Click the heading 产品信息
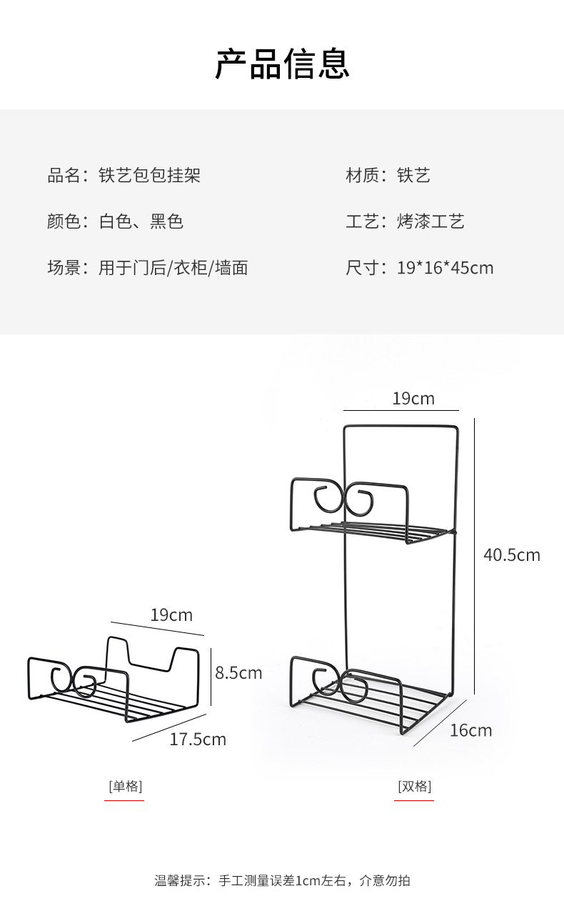[282, 64]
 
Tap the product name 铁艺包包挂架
[149, 175]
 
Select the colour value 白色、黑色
[141, 221]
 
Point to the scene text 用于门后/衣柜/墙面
[173, 268]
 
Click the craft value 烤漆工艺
[430, 221]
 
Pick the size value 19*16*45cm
[445, 268]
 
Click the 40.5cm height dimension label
[511, 554]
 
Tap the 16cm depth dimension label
[470, 730]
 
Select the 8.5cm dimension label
[238, 672]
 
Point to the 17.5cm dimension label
[197, 740]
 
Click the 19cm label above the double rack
[413, 399]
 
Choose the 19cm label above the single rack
[171, 615]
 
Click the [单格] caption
[125, 787]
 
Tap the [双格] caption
[414, 787]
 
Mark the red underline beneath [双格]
[414, 800]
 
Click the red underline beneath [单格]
[124, 800]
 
